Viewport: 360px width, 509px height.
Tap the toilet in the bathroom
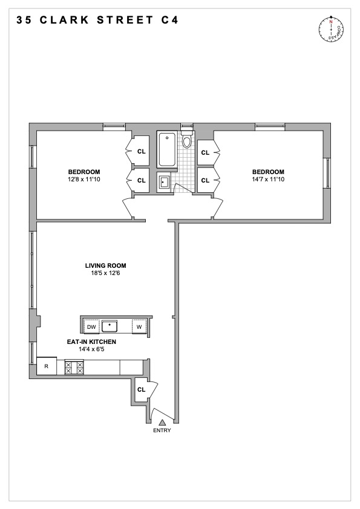pyautogui.click(x=187, y=142)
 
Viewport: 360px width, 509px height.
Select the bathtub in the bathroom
pyautogui.click(x=166, y=150)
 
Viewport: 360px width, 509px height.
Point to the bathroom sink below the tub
pyautogui.click(x=164, y=181)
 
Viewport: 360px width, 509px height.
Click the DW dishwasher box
pyautogui.click(x=92, y=327)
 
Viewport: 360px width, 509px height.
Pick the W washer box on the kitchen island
pyautogui.click(x=139, y=327)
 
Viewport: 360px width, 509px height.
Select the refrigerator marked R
pyautogui.click(x=46, y=366)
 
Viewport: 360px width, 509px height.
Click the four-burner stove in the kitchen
pyautogui.click(x=74, y=367)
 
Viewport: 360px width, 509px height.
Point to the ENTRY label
pyautogui.click(x=162, y=430)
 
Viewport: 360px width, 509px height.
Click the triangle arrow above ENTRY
pyautogui.click(x=162, y=421)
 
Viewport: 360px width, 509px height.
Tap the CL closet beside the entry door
pyautogui.click(x=141, y=390)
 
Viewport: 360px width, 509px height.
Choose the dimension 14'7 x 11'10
pyautogui.click(x=269, y=180)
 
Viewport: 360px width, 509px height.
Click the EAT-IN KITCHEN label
pyautogui.click(x=91, y=342)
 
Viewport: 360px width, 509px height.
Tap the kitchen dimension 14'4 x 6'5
pyautogui.click(x=91, y=349)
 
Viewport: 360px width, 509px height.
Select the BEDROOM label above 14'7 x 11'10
pyautogui.click(x=269, y=172)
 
